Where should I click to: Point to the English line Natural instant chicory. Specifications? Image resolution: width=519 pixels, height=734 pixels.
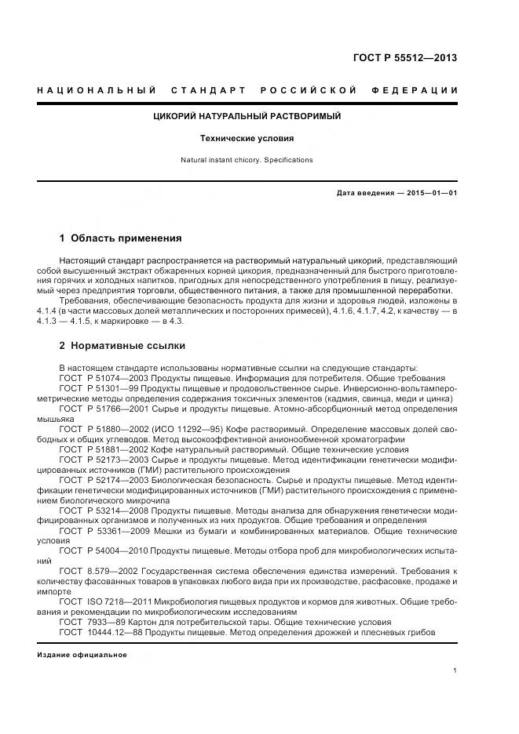(247, 160)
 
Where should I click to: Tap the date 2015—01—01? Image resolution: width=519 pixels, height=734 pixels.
(430, 193)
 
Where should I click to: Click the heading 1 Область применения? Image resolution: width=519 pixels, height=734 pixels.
(120, 238)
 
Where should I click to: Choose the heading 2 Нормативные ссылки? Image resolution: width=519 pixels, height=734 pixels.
(122, 345)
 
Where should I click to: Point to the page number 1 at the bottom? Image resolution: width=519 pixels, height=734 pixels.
(455, 670)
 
